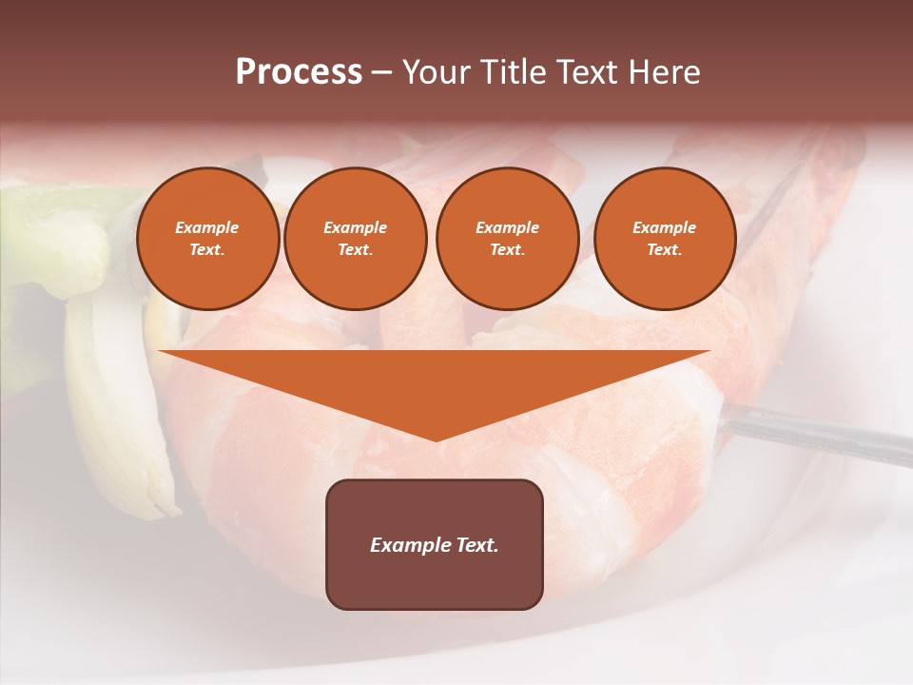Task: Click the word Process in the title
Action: pos(299,72)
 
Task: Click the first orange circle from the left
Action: pos(207,238)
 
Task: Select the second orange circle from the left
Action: pos(355,238)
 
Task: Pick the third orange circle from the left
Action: pos(507,238)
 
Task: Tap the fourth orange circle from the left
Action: pos(664,238)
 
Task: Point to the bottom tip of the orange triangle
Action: pos(436,440)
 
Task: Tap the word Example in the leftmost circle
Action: pos(207,227)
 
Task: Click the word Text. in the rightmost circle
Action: pos(664,249)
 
